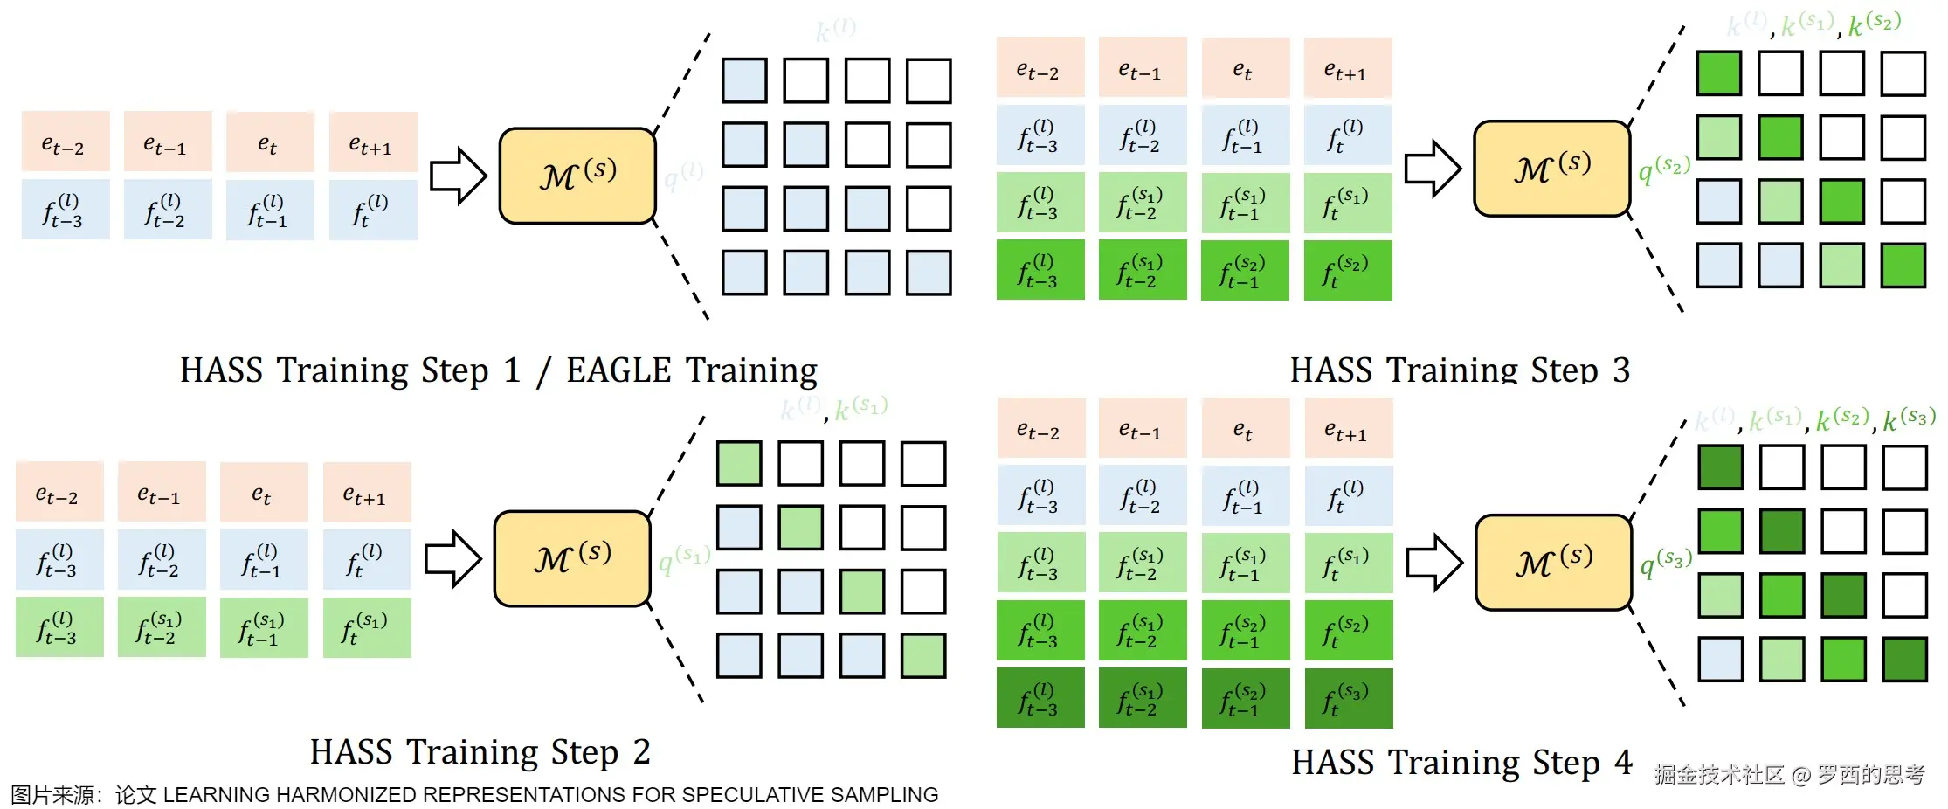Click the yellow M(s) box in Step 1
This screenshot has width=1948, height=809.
point(577,176)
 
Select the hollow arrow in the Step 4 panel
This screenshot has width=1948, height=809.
point(1433,563)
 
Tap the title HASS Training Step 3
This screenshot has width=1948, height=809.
point(1459,370)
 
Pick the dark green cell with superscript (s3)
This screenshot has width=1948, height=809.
point(1348,698)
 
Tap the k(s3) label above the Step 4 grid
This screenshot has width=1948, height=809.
point(1909,419)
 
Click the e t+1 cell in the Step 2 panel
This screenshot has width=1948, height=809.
point(366,494)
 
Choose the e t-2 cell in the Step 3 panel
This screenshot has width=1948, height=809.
point(1040,68)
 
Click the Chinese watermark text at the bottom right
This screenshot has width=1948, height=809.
point(1789,774)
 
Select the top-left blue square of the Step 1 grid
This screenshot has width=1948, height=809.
point(744,80)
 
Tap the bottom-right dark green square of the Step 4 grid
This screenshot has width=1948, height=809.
point(1904,659)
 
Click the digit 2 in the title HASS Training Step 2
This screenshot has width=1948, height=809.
point(642,752)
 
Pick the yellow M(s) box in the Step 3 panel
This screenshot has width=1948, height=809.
point(1551,169)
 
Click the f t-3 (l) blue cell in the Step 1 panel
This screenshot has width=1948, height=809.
point(65,210)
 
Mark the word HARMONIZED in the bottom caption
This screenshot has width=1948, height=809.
point(346,795)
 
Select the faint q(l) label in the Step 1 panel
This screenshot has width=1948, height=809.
point(683,175)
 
